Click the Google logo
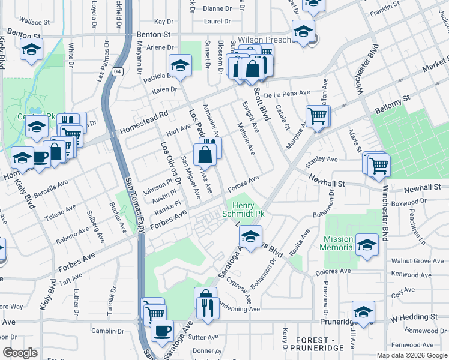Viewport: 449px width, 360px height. [x=20, y=352]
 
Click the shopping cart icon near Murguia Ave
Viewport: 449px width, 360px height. [x=318, y=115]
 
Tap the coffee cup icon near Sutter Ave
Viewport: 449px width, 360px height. [x=162, y=329]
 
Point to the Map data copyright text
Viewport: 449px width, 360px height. [x=411, y=355]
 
